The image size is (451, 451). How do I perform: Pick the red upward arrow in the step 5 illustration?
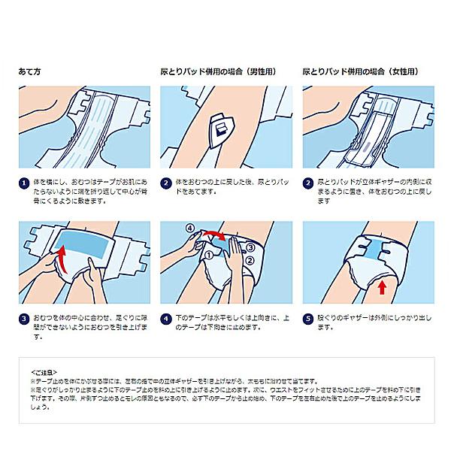[x=382, y=286]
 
